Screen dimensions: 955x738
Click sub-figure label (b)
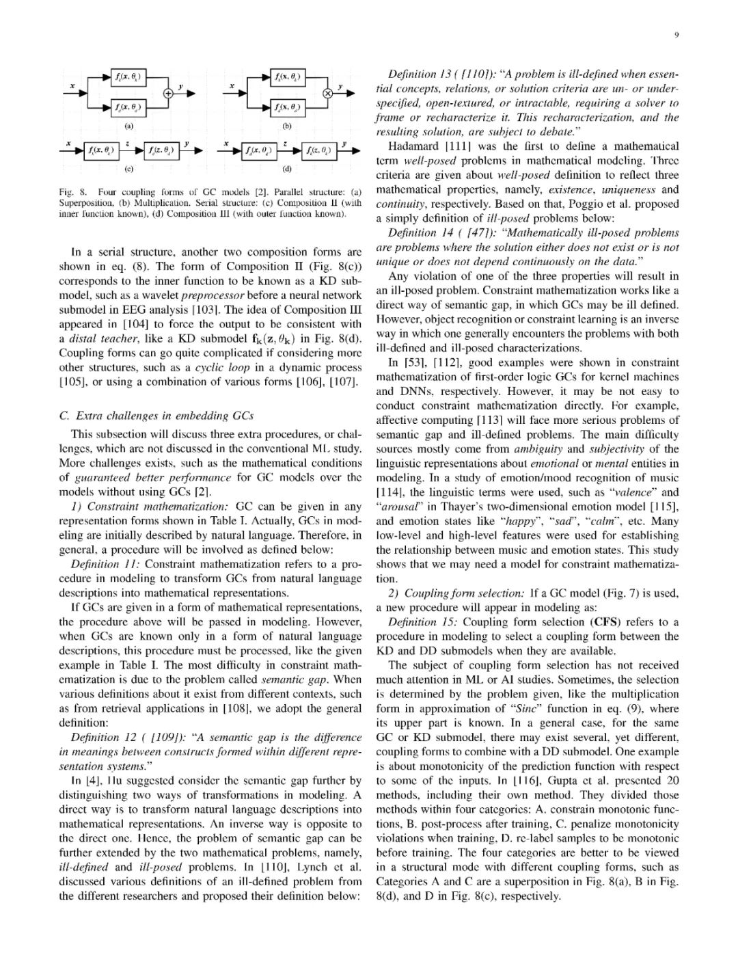pyautogui.click(x=287, y=126)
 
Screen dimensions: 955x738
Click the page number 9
pyautogui.click(x=676, y=37)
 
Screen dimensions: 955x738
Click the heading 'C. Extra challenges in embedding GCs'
pyautogui.click(x=156, y=416)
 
